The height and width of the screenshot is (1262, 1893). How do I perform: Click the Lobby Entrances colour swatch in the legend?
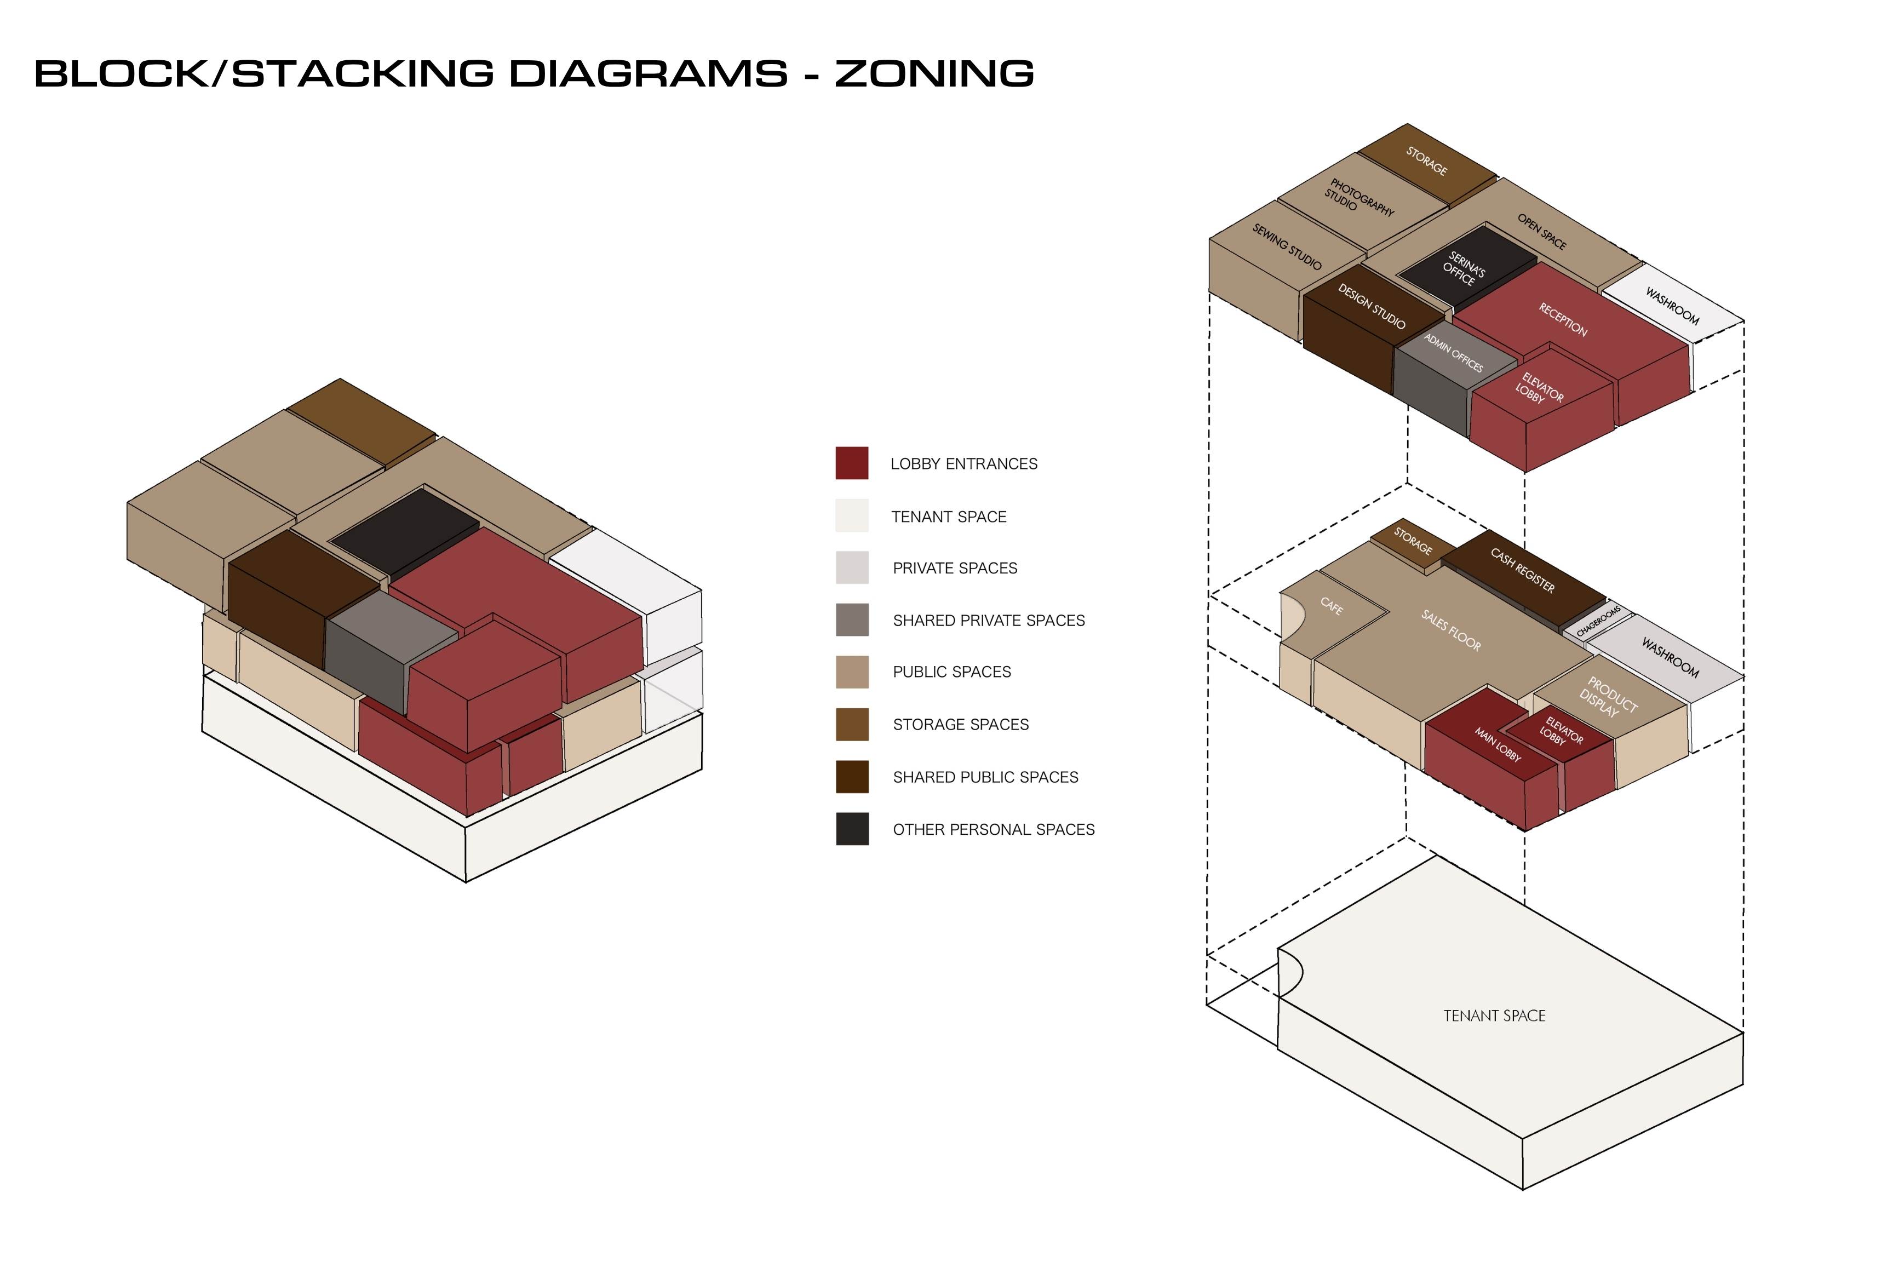[852, 463]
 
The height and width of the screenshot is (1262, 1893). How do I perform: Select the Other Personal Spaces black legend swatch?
[852, 829]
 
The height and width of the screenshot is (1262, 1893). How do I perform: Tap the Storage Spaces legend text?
[960, 724]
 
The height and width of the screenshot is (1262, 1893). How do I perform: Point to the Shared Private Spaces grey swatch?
[852, 619]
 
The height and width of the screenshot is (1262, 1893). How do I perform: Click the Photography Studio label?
[1358, 197]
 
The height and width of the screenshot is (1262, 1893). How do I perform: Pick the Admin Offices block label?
[1454, 353]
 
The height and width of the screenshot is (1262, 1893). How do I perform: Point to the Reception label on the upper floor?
[1563, 319]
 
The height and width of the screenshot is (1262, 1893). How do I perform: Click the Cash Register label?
[1522, 570]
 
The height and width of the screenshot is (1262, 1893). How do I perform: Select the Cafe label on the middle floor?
[1331, 606]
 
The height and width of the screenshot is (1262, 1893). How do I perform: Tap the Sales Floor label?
[1450, 630]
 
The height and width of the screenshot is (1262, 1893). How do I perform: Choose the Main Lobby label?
[1498, 744]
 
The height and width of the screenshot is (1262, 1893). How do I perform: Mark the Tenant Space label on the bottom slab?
[1495, 1016]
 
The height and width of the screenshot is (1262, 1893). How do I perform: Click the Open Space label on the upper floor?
[1542, 232]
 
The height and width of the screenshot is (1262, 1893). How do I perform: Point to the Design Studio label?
[1372, 306]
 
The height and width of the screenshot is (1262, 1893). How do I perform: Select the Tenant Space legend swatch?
[852, 515]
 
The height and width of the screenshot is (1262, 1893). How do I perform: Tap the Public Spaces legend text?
[951, 672]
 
